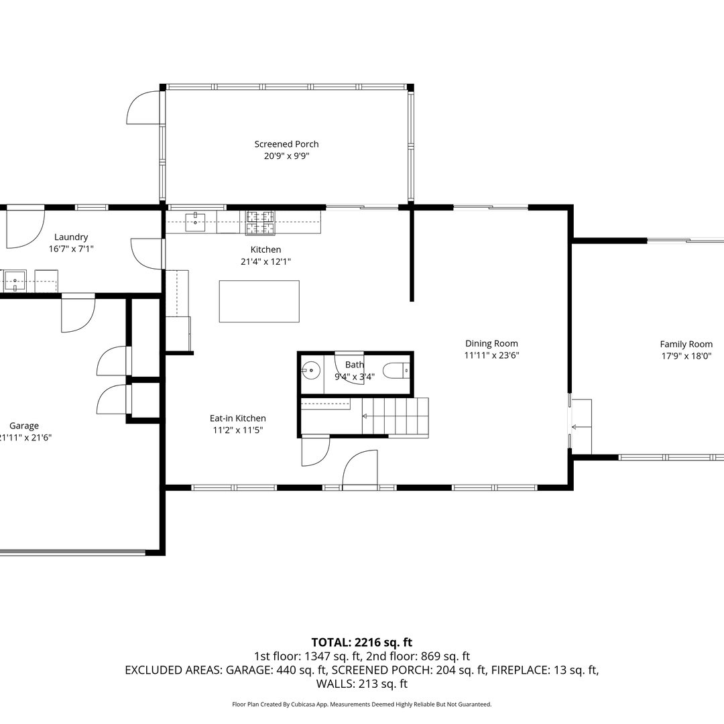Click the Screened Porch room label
click(x=286, y=144)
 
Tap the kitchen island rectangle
click(x=259, y=301)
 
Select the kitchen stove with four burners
click(x=260, y=223)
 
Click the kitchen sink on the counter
click(x=195, y=222)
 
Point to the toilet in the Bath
click(x=395, y=370)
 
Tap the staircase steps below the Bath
click(x=396, y=416)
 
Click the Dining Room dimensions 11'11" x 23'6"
click(x=491, y=356)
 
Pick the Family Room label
click(x=686, y=344)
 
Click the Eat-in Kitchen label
click(x=237, y=418)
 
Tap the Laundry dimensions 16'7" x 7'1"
click(x=71, y=249)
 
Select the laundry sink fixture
click(x=14, y=280)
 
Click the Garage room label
click(x=24, y=426)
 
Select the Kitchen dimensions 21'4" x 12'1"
click(x=266, y=261)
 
